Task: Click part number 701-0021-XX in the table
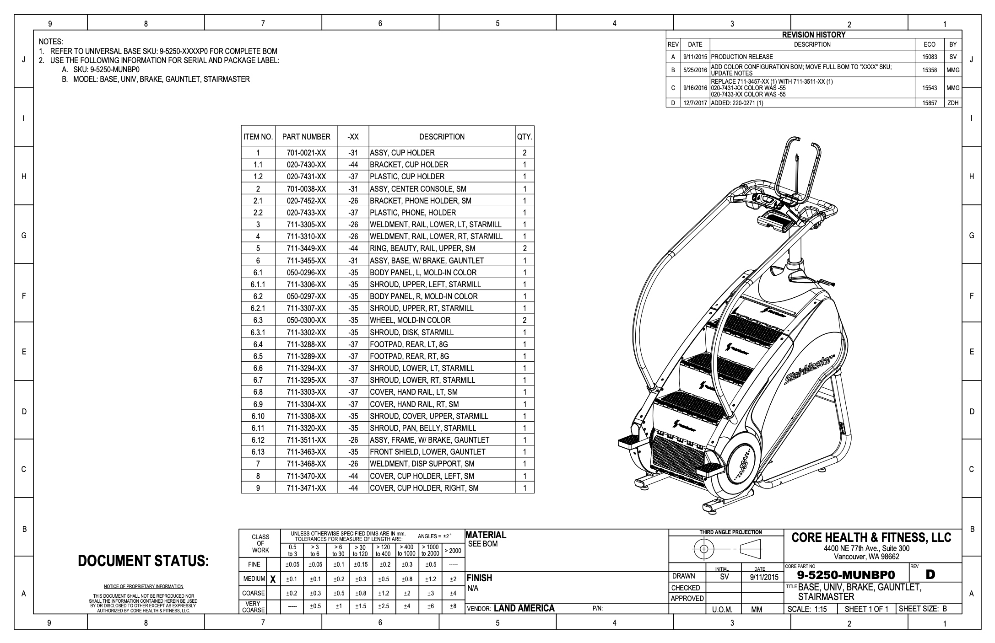pos(306,153)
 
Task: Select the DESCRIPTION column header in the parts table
pos(441,137)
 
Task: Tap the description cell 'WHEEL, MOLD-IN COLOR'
pos(410,320)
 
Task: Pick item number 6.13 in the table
pos(258,452)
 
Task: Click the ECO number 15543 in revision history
pos(930,88)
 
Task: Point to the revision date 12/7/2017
pos(695,103)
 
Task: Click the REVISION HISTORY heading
pos(813,35)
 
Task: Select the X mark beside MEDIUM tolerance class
pos(273,579)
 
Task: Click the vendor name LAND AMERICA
pos(524,608)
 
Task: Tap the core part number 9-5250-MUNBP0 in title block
pos(846,575)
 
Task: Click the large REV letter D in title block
pos(930,574)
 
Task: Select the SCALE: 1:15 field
pos(807,609)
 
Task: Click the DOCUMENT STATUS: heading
pos(143,561)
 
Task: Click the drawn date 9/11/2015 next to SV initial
pos(764,577)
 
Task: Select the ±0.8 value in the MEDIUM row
pos(406,579)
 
